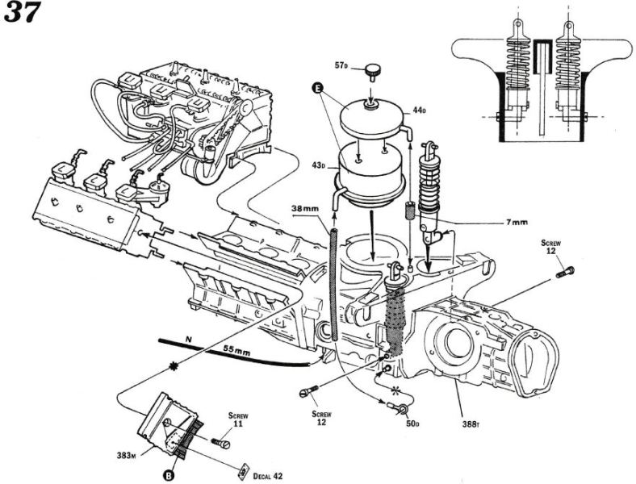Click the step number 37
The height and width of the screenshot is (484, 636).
pyautogui.click(x=21, y=14)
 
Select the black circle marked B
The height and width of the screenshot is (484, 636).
pyautogui.click(x=168, y=474)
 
